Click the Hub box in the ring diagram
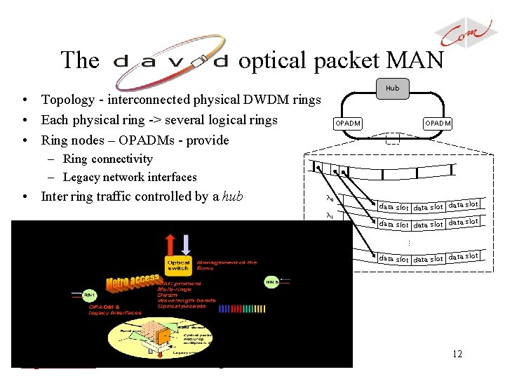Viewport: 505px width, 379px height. tap(392, 88)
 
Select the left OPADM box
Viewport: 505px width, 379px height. tap(347, 124)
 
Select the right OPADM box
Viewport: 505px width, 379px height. tap(438, 124)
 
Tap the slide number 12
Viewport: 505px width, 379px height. tap(457, 354)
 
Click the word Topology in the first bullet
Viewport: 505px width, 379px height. tap(69, 100)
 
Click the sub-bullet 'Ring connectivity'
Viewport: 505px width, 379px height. tap(107, 159)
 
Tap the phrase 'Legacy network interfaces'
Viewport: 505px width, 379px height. tap(130, 178)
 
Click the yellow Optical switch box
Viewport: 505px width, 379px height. tap(177, 265)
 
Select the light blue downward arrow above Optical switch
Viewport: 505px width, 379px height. tap(186, 242)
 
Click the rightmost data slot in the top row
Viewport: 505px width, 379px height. tap(463, 205)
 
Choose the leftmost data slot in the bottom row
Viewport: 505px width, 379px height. tap(393, 259)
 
